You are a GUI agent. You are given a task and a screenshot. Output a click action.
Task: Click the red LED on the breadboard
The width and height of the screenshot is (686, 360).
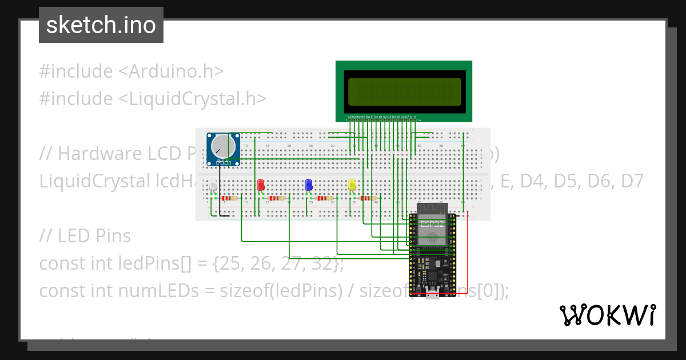261,185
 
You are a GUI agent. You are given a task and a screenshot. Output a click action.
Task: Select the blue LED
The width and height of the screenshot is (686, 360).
309,185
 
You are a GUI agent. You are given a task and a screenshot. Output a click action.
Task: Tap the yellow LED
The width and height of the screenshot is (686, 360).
352,185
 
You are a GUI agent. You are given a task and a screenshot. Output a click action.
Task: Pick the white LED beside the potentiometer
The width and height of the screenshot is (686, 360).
213,186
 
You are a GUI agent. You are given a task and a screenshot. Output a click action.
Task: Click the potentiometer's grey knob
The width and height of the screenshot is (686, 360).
222,146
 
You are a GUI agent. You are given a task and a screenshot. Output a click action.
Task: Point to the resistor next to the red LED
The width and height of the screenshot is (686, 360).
277,198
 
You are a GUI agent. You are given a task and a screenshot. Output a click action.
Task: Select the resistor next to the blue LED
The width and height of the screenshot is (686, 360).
325,198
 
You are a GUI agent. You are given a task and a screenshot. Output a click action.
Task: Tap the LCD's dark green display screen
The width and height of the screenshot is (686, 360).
405,91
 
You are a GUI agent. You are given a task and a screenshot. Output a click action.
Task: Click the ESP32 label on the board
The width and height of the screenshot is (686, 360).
432,224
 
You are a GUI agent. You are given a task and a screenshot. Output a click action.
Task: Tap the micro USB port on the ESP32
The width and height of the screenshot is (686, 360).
432,297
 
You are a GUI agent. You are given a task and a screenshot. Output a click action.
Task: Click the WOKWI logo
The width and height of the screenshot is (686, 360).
607,315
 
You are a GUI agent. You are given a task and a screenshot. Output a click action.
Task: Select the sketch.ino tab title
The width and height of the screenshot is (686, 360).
101,25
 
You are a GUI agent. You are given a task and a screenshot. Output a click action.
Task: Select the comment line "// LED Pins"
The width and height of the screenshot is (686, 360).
85,236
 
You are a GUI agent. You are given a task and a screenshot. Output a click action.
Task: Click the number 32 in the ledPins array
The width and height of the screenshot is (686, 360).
322,264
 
